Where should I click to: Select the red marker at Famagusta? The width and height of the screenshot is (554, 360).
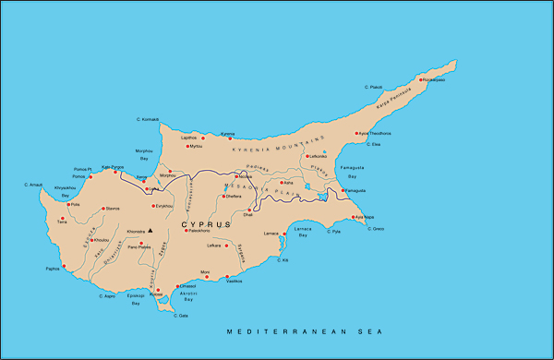click(x=343, y=190)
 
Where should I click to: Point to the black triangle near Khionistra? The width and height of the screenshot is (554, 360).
click(x=150, y=220)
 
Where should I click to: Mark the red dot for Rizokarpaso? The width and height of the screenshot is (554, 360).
click(x=422, y=80)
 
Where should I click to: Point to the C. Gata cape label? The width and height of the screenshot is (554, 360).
click(x=180, y=316)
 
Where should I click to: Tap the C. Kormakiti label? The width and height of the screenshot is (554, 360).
click(x=147, y=119)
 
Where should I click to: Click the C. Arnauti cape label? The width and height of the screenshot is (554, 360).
click(x=34, y=186)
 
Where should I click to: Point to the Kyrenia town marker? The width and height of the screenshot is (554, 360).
click(x=223, y=138)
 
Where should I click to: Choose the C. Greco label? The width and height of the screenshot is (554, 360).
click(x=376, y=228)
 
